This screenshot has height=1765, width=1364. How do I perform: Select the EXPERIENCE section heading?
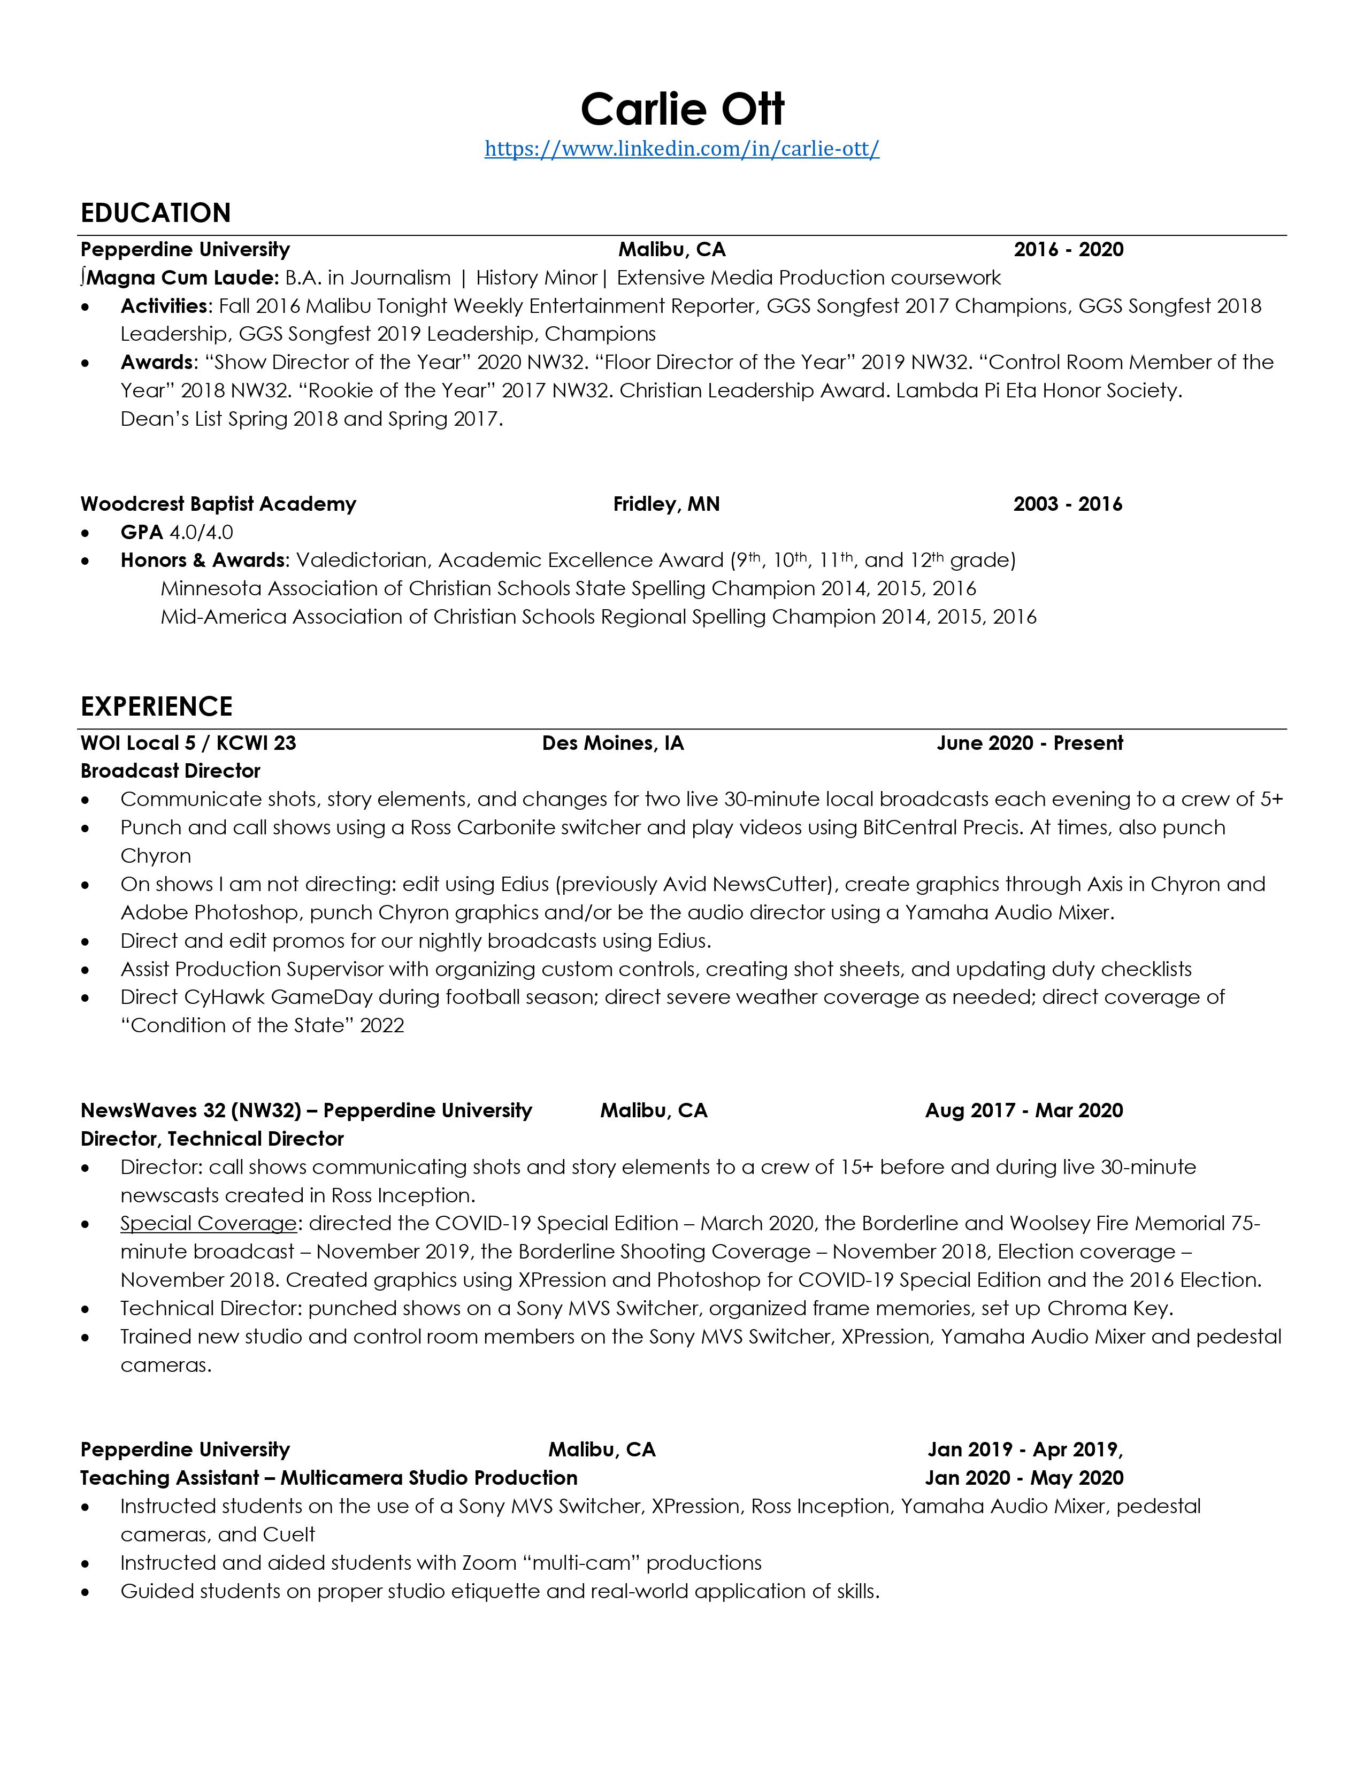pyautogui.click(x=157, y=707)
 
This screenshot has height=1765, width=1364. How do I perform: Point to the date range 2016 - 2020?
pyautogui.click(x=1068, y=250)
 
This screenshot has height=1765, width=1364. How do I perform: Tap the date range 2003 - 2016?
pyautogui.click(x=1068, y=504)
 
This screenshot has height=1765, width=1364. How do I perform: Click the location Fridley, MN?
pyautogui.click(x=666, y=504)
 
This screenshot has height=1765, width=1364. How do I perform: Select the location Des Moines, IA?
pyautogui.click(x=612, y=743)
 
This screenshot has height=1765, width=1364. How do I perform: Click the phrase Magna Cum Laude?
pyautogui.click(x=183, y=278)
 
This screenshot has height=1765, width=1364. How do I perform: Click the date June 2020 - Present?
pyautogui.click(x=1030, y=743)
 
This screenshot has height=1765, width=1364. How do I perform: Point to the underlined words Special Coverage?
pyautogui.click(x=209, y=1224)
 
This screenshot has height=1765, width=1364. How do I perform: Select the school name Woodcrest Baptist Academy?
pyautogui.click(x=218, y=504)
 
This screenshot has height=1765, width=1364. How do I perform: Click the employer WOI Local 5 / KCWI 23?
pyautogui.click(x=188, y=743)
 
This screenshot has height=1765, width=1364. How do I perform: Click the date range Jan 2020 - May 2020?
pyautogui.click(x=1024, y=1478)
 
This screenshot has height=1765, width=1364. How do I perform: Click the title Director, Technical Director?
pyautogui.click(x=212, y=1139)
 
